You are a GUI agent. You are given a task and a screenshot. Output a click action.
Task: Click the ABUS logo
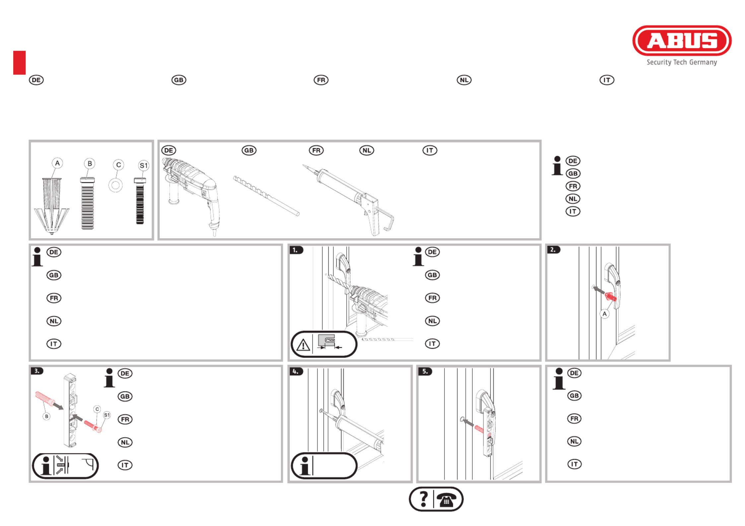click(682, 40)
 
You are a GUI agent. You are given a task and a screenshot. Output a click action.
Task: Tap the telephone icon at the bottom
click(446, 499)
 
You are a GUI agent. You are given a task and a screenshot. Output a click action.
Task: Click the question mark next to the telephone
click(423, 499)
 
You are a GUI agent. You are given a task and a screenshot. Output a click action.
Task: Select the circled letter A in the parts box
click(57, 163)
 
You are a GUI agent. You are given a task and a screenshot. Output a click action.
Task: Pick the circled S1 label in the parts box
click(144, 165)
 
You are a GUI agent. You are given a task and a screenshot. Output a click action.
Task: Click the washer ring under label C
click(115, 185)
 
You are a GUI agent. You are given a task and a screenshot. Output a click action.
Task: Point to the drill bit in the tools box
click(266, 196)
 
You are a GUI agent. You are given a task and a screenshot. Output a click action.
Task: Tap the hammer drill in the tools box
click(191, 194)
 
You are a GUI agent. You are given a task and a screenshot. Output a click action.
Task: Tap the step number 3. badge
click(37, 371)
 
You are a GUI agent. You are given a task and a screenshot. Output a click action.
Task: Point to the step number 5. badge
click(425, 371)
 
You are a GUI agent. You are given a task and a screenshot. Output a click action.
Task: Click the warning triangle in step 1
click(303, 345)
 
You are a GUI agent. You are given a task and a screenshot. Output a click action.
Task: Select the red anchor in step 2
click(610, 297)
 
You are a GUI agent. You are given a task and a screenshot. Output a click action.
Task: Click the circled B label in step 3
click(46, 416)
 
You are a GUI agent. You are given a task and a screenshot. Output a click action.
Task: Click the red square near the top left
click(19, 63)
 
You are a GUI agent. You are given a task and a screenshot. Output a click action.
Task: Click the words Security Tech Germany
click(682, 62)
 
